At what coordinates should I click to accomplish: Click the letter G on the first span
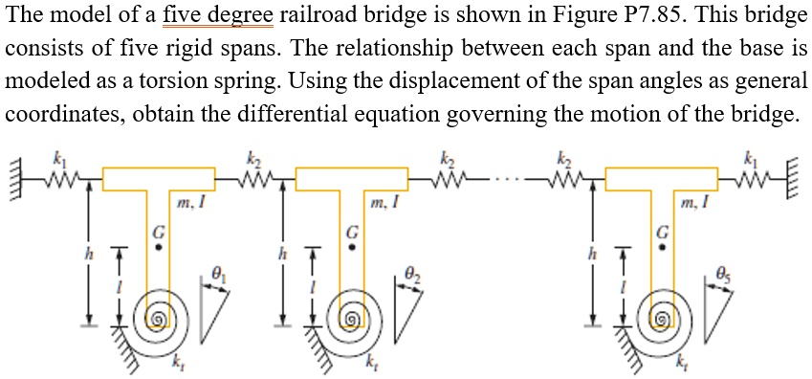coord(160,231)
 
